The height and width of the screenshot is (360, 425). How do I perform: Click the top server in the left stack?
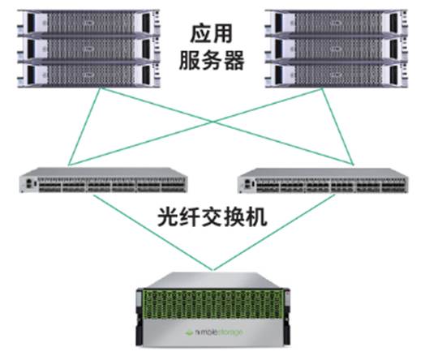(88, 23)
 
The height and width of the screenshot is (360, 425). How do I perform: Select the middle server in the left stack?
(88, 49)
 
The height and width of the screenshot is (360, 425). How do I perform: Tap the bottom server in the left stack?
(88, 75)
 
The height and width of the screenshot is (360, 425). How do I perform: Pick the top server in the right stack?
(336, 23)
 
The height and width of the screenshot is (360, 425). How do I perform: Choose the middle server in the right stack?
(336, 49)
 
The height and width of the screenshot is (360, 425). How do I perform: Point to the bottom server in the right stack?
(336, 75)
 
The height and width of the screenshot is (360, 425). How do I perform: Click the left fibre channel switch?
(103, 180)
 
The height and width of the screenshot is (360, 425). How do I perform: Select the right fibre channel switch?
(323, 181)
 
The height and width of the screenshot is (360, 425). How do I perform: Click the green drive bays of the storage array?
(212, 304)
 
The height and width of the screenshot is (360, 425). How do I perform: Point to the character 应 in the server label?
(200, 34)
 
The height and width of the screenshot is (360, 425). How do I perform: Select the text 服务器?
(212, 60)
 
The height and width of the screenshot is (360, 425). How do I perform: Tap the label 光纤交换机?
(212, 217)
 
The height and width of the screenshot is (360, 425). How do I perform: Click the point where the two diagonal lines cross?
(213, 122)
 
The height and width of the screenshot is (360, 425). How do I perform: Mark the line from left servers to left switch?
(84, 126)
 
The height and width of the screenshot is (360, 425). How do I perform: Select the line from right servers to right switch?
(337, 126)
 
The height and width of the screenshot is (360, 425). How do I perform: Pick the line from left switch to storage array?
(152, 232)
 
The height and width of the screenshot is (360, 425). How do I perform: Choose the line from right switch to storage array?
(274, 232)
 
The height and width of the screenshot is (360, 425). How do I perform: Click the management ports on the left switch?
(29, 183)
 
